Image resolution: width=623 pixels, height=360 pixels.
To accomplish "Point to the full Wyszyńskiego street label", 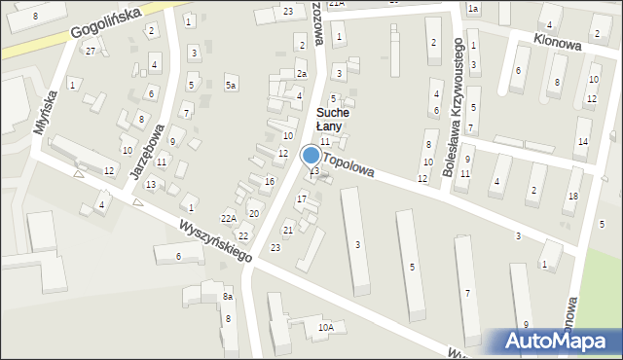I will [215, 239].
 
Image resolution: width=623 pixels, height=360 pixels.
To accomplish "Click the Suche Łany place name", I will [331, 120].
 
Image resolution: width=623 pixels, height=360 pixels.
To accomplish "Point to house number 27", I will [91, 51].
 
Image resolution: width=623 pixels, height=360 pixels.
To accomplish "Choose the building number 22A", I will [228, 218].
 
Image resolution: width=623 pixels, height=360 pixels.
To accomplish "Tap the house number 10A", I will [325, 328].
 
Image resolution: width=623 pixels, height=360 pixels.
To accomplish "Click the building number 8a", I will [228, 296].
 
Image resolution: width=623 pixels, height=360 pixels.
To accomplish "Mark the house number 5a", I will [231, 86].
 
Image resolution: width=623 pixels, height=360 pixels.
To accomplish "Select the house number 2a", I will [302, 74].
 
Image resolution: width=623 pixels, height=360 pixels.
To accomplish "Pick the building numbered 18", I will [572, 197].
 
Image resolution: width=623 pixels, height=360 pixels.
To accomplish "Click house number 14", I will [582, 142].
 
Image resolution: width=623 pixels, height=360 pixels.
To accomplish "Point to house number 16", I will [270, 181].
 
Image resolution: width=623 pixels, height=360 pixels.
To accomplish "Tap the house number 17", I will [302, 198].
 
